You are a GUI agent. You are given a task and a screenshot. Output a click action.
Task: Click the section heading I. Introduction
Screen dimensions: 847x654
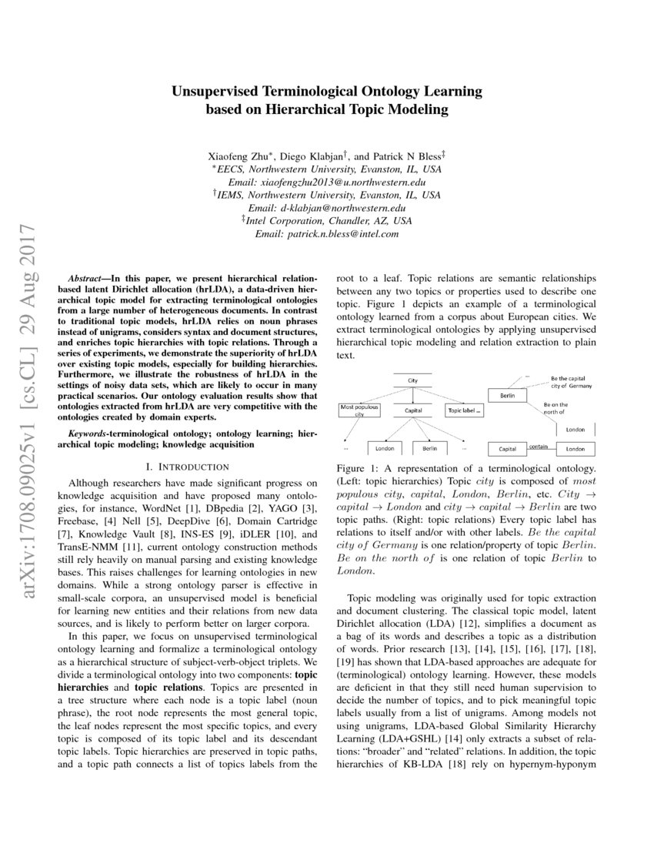click(x=187, y=467)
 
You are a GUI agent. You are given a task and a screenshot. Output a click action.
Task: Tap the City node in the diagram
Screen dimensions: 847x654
click(x=413, y=380)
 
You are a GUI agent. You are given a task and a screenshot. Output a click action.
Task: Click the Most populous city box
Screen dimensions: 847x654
click(x=359, y=410)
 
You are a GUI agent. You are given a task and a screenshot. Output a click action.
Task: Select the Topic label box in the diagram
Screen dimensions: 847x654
click(x=465, y=411)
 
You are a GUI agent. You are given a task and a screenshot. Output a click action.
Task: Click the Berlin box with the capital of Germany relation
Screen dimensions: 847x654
click(x=507, y=395)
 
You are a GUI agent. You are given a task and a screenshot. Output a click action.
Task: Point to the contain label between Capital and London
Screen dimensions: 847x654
click(x=538, y=446)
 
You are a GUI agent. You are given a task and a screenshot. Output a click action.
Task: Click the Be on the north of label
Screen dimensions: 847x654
click(x=556, y=408)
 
